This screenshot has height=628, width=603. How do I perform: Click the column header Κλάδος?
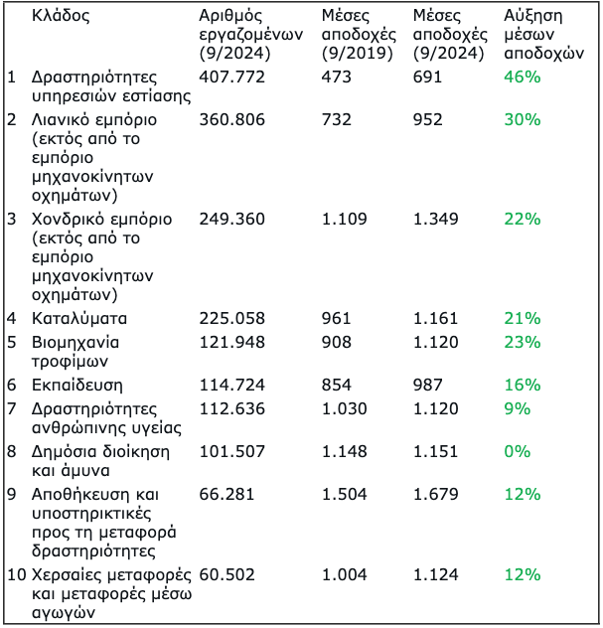pyautogui.click(x=61, y=17)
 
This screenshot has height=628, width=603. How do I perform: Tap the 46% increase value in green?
pyautogui.click(x=522, y=77)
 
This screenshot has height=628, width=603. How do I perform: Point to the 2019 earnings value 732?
pyautogui.click(x=337, y=119)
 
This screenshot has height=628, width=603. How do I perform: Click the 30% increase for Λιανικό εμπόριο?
pyautogui.click(x=522, y=119)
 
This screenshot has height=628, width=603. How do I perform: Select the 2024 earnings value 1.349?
pyautogui.click(x=435, y=219)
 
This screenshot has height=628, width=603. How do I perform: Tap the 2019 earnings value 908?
pyautogui.click(x=337, y=341)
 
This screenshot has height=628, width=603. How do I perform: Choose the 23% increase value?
pyautogui.click(x=522, y=341)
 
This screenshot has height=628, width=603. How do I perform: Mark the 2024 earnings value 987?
pyautogui.click(x=427, y=385)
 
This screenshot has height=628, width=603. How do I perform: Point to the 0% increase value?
pyautogui.click(x=517, y=450)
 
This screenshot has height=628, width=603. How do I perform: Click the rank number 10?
pyautogui.click(x=16, y=574)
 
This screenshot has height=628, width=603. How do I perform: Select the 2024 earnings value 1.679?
pyautogui.click(x=435, y=494)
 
